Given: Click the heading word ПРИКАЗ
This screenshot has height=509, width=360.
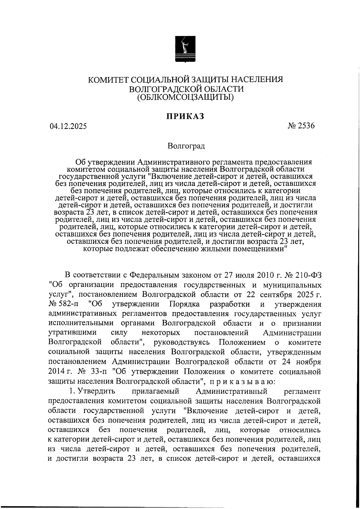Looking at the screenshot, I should tap(185, 116).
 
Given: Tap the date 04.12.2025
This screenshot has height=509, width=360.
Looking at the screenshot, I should tap(68, 126).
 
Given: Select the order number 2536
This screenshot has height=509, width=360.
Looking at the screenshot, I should tap(306, 126).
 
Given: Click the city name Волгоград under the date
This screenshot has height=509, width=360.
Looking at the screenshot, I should tap(186, 146).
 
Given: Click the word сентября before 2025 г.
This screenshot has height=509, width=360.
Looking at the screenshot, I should tap(274, 294).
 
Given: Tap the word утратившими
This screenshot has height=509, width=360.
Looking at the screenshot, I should tap(72, 333).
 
